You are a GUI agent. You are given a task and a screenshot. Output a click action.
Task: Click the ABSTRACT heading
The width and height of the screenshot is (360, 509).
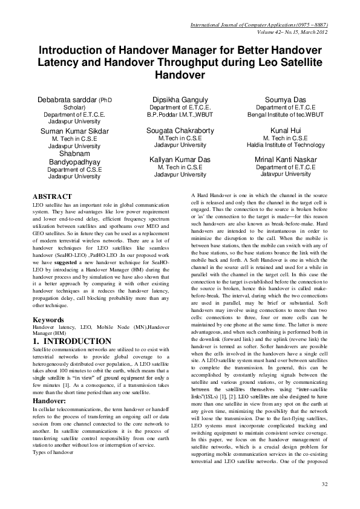tap(51, 196)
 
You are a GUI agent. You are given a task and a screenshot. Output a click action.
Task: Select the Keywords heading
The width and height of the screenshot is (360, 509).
tap(48, 319)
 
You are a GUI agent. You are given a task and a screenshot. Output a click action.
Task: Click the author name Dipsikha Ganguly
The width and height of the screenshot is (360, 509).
tap(180, 100)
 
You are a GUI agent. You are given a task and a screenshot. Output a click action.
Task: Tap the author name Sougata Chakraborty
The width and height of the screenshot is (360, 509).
tap(180, 130)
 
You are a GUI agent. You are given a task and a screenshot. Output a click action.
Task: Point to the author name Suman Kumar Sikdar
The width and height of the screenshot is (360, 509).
tap(74, 131)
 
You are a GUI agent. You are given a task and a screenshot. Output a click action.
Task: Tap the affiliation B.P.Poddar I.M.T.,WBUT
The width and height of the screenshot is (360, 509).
tap(180, 115)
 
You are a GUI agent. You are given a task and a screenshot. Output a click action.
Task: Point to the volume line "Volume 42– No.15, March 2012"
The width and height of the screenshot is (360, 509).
tap(283, 32)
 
